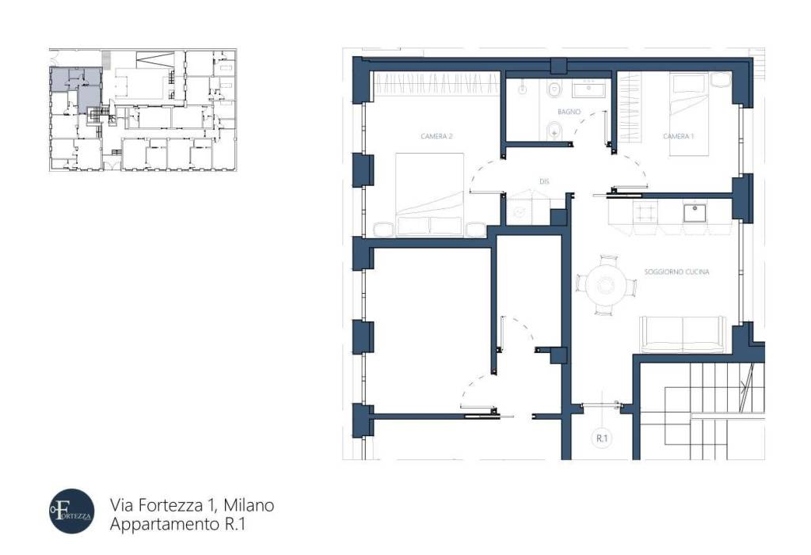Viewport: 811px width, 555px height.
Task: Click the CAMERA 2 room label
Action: (436, 136)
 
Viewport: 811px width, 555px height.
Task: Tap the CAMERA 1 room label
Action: (678, 136)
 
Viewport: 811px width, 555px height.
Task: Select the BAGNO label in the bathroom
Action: (569, 112)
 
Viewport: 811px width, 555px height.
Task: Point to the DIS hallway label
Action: (544, 181)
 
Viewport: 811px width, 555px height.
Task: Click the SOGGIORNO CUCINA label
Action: (676, 272)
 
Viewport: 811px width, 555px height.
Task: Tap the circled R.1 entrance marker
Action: (602, 437)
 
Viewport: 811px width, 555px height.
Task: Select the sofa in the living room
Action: (683, 334)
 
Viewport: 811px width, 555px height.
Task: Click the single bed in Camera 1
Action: (691, 115)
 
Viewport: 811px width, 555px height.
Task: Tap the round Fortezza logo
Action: (71, 511)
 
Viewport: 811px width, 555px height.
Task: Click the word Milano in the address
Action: (248, 504)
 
